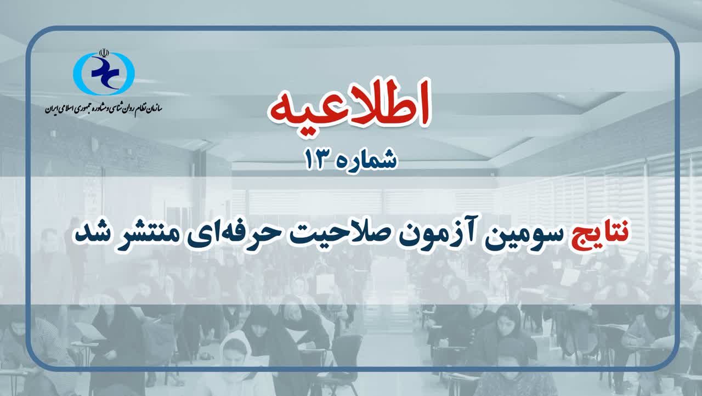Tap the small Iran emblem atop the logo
coord(104,53)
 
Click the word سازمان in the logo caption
coord(154,108)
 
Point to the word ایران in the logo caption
coord(52,109)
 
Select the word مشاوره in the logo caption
coord(100,108)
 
